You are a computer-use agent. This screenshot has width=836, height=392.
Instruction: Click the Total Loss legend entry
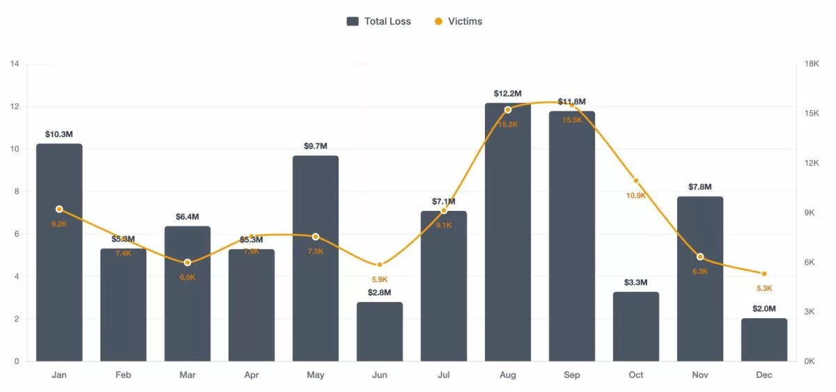379,22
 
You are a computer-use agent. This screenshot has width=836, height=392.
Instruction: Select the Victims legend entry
458,22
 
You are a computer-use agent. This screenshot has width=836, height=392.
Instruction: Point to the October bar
636,327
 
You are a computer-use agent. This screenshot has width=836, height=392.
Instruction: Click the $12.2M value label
508,93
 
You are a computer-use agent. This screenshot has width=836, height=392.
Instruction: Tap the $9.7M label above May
316,146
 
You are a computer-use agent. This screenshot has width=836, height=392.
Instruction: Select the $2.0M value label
764,308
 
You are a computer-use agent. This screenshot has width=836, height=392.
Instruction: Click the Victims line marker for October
636,181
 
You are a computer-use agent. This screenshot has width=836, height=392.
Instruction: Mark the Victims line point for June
380,265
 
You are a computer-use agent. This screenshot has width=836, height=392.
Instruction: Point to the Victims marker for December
764,274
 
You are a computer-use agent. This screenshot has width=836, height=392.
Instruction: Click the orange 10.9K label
636,196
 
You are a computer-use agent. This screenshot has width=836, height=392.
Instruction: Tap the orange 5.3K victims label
764,288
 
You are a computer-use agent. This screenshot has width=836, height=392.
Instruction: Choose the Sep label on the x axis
572,375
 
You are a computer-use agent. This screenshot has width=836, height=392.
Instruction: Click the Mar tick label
187,375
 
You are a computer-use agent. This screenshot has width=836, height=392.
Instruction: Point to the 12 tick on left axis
15,107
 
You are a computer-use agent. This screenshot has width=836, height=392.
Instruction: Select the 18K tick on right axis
812,64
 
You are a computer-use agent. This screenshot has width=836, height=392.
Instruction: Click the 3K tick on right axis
810,312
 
